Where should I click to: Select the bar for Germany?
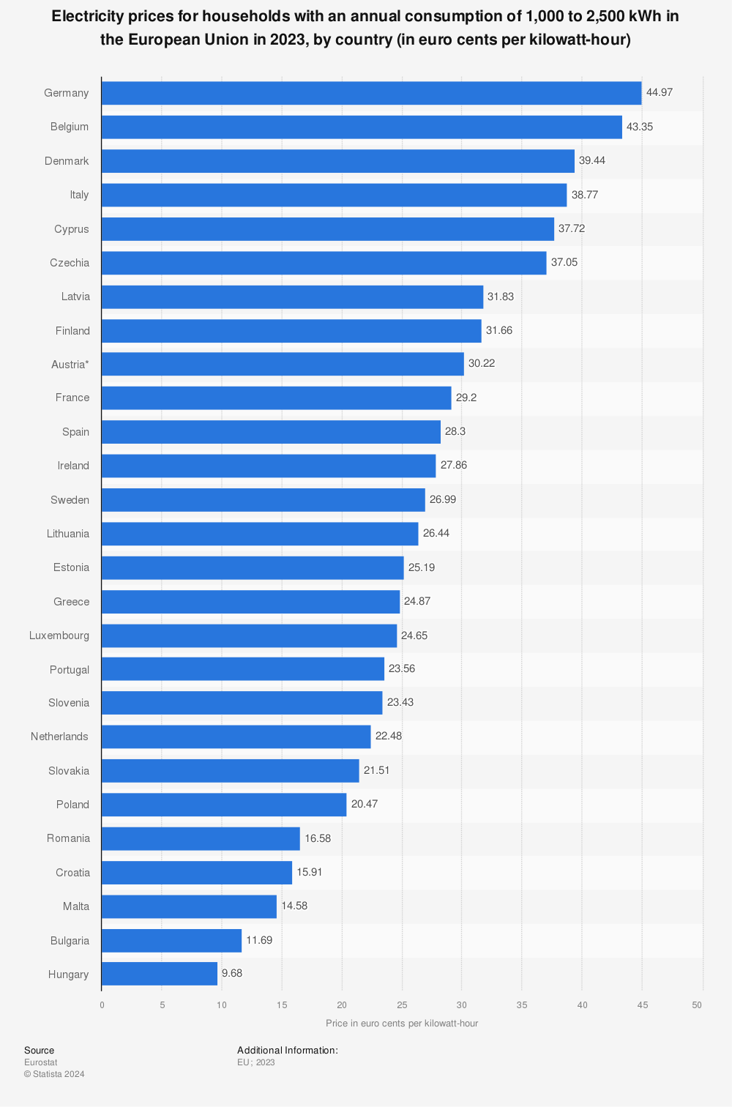point(371,93)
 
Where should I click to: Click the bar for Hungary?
point(160,974)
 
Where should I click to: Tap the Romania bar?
point(201,838)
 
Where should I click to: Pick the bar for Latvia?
point(292,297)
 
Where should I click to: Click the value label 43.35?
point(640,127)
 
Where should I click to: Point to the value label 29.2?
point(466,398)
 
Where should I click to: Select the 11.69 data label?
point(259,940)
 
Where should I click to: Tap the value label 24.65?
point(414,635)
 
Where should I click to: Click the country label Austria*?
point(70,364)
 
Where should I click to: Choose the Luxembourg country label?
point(59,635)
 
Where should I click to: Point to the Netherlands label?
point(59,737)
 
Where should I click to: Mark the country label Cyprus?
point(72,229)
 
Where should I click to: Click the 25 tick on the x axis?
point(402,1005)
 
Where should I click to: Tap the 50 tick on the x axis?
point(697,1005)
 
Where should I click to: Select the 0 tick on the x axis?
point(102,1005)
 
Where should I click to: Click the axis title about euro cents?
point(402,1023)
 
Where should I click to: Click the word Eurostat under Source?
point(40,1062)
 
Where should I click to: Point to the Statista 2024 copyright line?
point(54,1074)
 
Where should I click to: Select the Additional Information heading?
point(287,1051)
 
